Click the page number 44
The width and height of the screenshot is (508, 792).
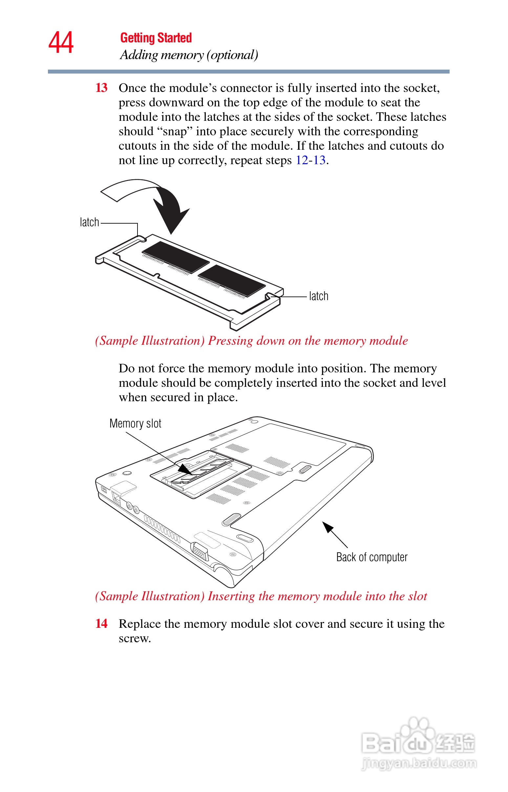61,43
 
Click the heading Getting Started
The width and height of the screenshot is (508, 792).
156,38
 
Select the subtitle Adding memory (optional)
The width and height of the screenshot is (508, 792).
189,55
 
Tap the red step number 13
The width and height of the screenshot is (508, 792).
101,88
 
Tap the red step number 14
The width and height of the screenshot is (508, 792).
101,624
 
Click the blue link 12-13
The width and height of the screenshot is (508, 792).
310,160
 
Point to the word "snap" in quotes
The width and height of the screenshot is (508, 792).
175,131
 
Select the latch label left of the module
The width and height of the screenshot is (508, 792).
89,222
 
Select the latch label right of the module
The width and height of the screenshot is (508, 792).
319,296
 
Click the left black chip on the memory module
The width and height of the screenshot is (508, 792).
176,257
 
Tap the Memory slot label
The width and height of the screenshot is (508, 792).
135,423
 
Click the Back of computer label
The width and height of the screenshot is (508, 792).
372,557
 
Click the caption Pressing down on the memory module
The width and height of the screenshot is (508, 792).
251,341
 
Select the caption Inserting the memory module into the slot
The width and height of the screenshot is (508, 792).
261,596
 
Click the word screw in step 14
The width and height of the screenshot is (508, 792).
135,638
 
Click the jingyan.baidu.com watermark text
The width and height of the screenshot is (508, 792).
419,763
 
